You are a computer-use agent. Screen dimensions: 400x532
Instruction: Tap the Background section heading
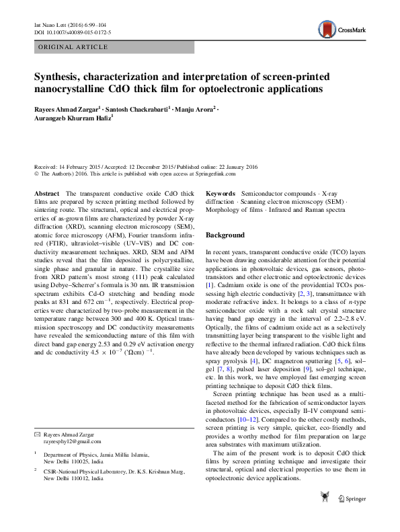(x=225, y=235)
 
